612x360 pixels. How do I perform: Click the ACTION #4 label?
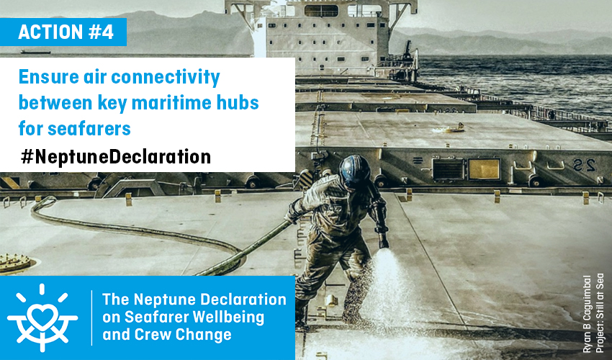[x=66, y=32]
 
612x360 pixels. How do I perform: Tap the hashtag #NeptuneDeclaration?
[x=116, y=157]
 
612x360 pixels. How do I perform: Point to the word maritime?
[x=166, y=103]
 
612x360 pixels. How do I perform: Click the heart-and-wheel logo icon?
[x=42, y=317]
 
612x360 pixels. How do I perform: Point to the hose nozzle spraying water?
[x=383, y=243]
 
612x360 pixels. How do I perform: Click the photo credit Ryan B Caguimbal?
[x=587, y=314]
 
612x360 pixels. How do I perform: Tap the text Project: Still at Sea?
[x=600, y=312]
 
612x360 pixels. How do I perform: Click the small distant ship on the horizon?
[x=35, y=52]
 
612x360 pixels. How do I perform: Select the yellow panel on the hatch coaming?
[x=484, y=169]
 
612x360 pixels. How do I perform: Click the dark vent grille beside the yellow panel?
[x=448, y=169]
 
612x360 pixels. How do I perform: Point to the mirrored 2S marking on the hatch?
[x=585, y=166]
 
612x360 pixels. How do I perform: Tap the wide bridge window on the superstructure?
[x=321, y=10]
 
